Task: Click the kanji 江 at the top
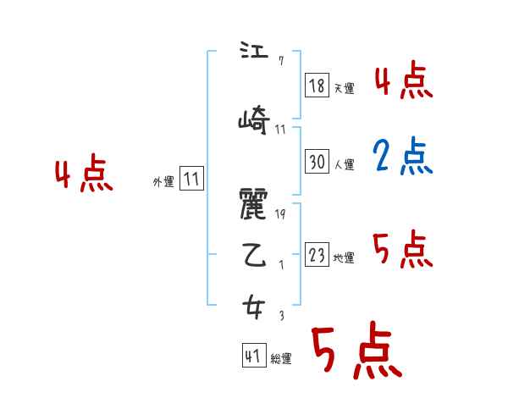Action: point(253,53)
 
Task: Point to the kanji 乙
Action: point(253,256)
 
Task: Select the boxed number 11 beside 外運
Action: point(191,179)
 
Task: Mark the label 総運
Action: point(281,359)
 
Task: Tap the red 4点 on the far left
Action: point(83,176)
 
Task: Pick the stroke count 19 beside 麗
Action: point(280,215)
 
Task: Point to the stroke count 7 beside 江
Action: point(279,60)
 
